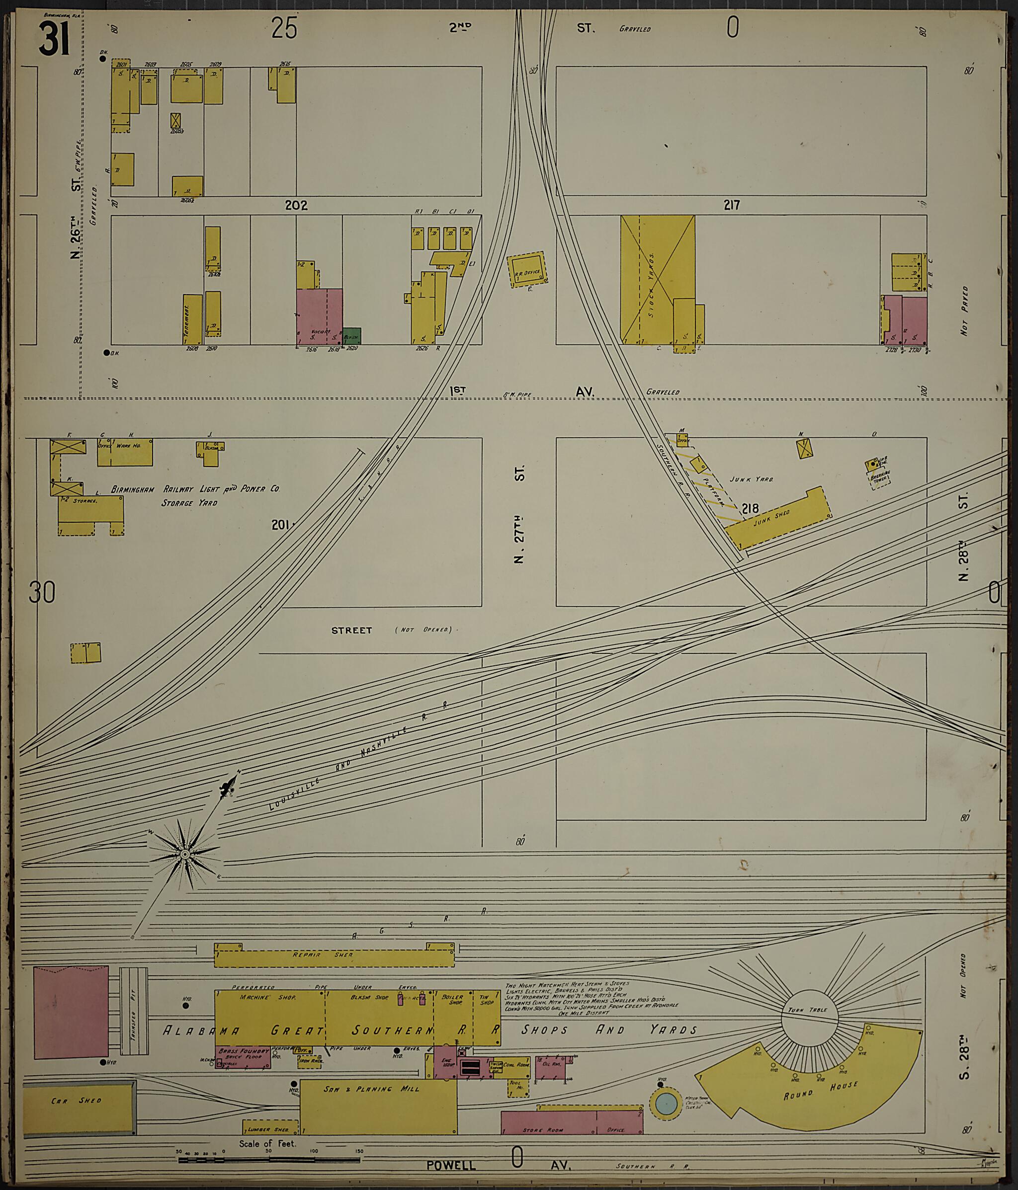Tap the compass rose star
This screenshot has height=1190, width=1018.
[184, 855]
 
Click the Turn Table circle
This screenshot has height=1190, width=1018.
[809, 1018]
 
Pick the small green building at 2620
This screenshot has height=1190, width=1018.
[351, 336]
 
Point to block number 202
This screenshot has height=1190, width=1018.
[296, 205]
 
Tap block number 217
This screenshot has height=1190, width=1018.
[731, 204]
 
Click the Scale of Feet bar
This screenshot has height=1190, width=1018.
[269, 1160]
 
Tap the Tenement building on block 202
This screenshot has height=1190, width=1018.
[192, 319]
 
